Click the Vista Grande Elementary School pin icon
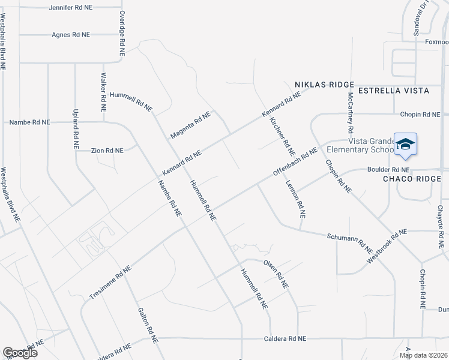click(405, 145)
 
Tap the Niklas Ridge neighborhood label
click(324, 85)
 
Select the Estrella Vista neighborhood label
click(393, 91)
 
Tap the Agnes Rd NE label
click(70, 35)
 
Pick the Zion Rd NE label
click(107, 151)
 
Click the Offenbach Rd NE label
click(295, 162)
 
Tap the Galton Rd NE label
click(148, 326)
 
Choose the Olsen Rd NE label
click(276, 273)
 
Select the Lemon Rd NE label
click(296, 199)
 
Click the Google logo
click(20, 352)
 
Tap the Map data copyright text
click(423, 355)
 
